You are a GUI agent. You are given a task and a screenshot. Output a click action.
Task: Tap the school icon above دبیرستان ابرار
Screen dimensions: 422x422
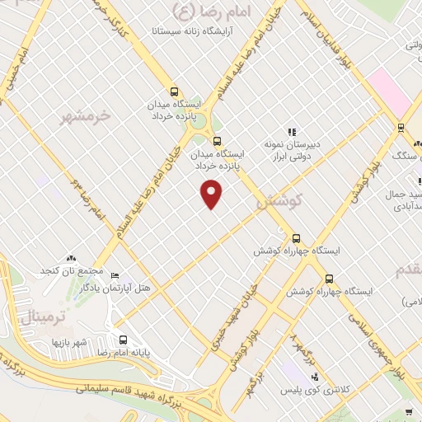[290, 132]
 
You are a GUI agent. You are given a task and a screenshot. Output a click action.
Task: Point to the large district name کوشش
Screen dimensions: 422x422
[280, 199]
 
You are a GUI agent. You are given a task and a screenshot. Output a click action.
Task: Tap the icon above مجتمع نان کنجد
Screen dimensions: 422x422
[71, 258]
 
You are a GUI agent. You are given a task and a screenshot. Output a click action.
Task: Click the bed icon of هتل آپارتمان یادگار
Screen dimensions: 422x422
[115, 275]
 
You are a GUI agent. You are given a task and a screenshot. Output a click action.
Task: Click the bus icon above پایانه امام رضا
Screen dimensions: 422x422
[123, 340]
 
